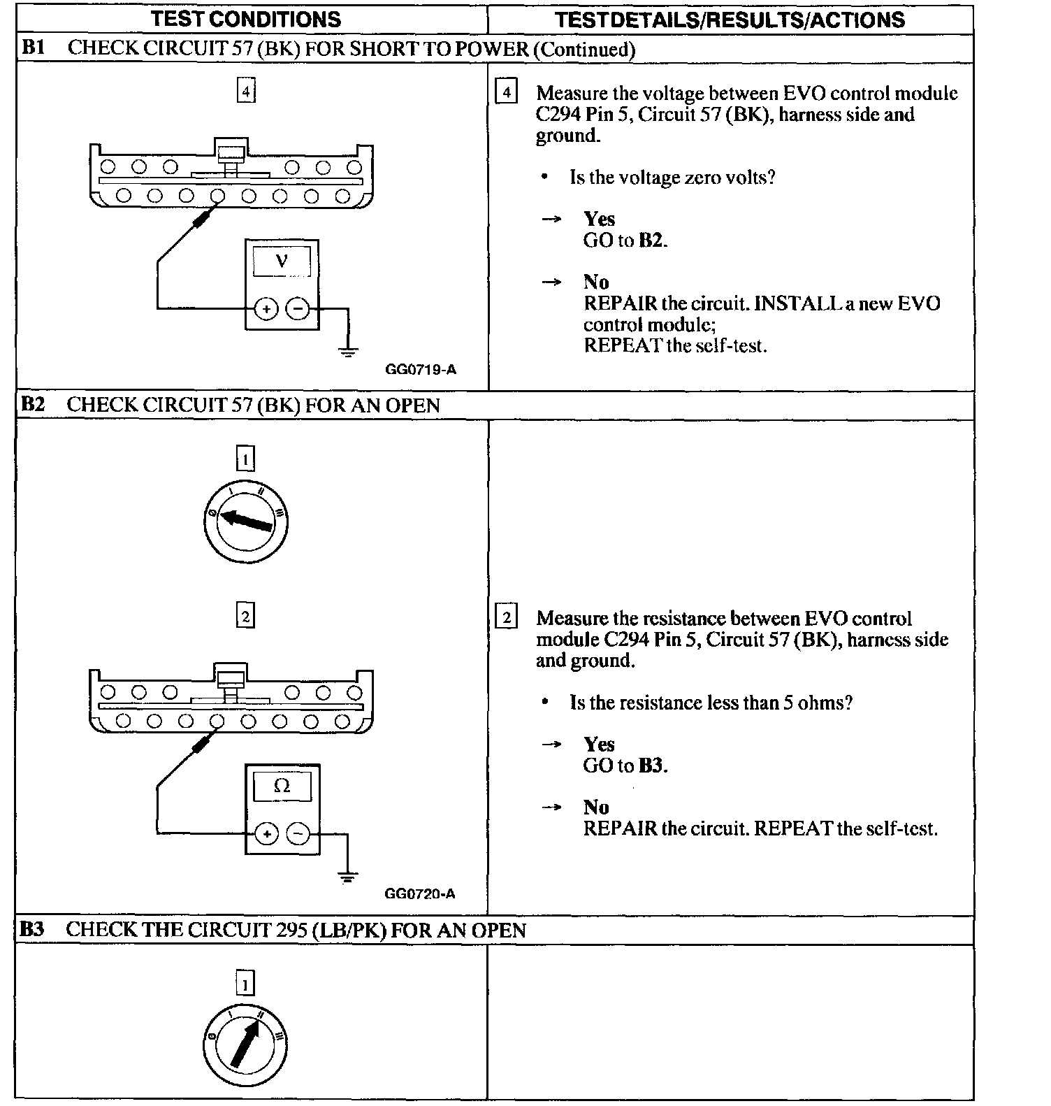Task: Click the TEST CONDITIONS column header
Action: [246, 19]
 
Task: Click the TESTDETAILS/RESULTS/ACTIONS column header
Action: [730, 20]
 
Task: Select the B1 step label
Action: [33, 48]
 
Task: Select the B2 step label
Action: [33, 405]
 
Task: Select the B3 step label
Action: [32, 929]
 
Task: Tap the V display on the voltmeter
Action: [282, 261]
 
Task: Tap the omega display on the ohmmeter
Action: [282, 786]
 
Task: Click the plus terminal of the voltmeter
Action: [266, 308]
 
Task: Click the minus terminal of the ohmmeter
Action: [298, 833]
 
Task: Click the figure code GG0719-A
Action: [421, 369]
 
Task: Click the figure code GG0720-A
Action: [420, 893]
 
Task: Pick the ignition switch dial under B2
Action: [245, 522]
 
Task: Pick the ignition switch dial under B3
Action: [245, 1046]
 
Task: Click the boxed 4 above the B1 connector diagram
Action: [245, 92]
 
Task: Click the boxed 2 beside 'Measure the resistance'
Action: [506, 617]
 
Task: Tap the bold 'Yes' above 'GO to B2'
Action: [599, 219]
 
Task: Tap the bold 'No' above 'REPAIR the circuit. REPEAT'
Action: [596, 807]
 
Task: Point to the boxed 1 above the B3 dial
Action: [245, 984]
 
